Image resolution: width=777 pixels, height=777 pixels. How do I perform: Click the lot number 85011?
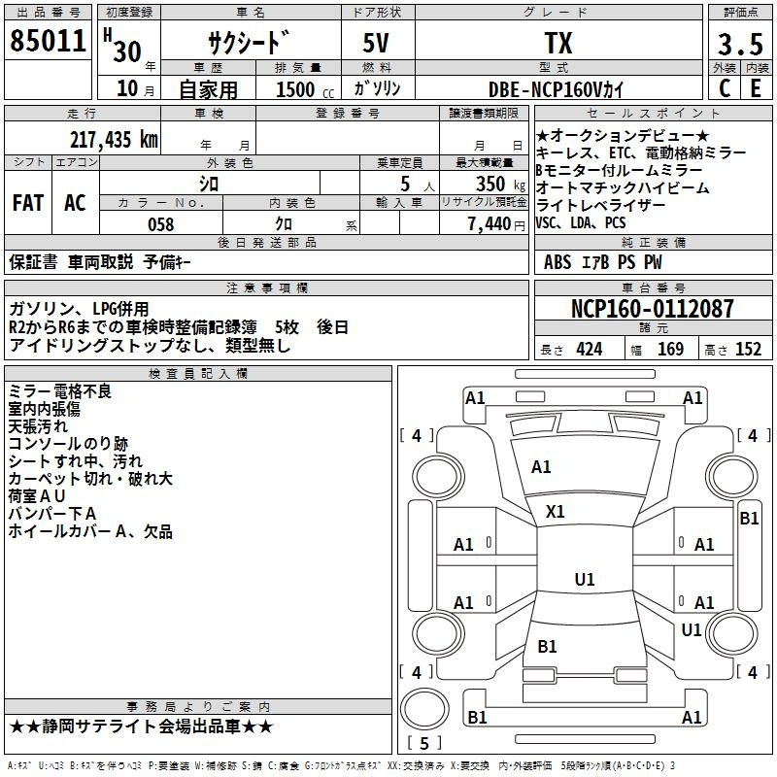pyautogui.click(x=48, y=41)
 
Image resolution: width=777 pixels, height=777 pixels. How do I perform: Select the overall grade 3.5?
pyautogui.click(x=740, y=44)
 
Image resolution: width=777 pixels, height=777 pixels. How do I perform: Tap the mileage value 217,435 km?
pyautogui.click(x=114, y=139)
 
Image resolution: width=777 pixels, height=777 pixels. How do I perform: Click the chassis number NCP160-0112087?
pyautogui.click(x=652, y=308)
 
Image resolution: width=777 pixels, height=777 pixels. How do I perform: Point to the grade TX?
pyautogui.click(x=558, y=43)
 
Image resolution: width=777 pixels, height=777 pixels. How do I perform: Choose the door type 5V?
pyautogui.click(x=376, y=43)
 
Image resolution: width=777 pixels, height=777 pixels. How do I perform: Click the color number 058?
pyautogui.click(x=161, y=224)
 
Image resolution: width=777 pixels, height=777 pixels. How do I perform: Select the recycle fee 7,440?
pyautogui.click(x=490, y=224)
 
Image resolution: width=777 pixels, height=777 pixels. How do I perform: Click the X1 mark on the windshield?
pyautogui.click(x=555, y=512)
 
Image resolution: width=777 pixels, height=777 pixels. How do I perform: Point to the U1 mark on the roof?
pyautogui.click(x=585, y=579)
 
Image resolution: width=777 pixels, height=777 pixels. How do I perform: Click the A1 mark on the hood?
pyautogui.click(x=541, y=467)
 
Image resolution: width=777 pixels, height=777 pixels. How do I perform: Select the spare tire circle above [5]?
pyautogui.click(x=424, y=709)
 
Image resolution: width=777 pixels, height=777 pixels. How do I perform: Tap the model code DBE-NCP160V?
pyautogui.click(x=545, y=89)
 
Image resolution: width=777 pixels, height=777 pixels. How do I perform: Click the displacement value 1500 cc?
pyautogui.click(x=305, y=89)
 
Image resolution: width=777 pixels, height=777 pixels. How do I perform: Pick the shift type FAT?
pyautogui.click(x=28, y=203)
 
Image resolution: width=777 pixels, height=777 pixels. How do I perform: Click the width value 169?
pyautogui.click(x=670, y=349)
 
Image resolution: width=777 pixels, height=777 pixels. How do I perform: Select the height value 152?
pyautogui.click(x=748, y=349)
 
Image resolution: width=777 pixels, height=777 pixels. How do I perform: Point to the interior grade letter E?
pyautogui.click(x=756, y=88)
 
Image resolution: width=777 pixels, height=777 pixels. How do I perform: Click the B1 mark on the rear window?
pyautogui.click(x=547, y=646)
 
